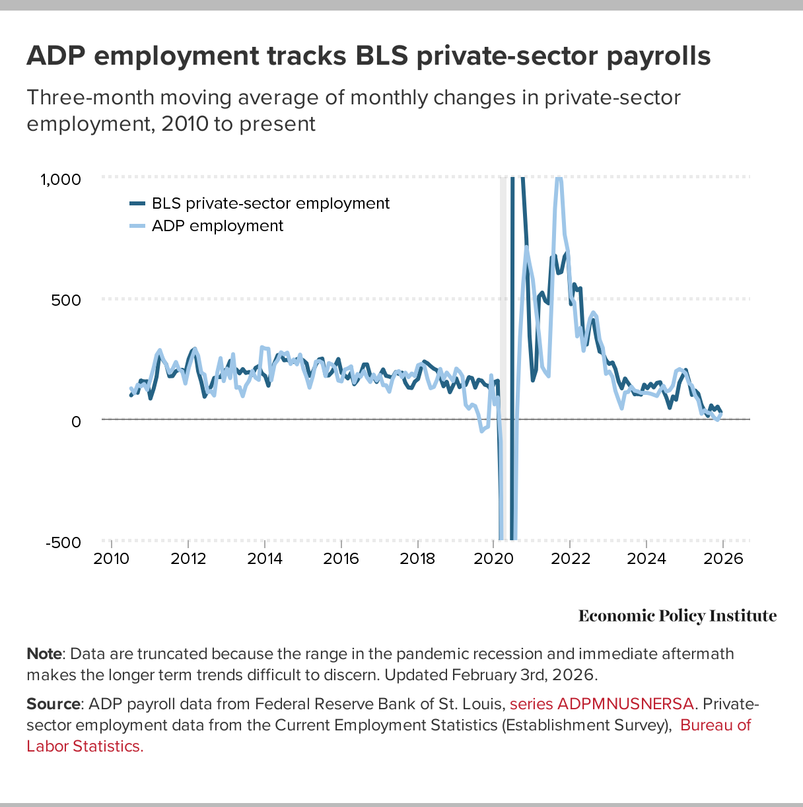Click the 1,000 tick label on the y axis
point(61,180)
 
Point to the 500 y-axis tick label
point(66,300)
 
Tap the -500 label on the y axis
point(63,543)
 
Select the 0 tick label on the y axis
point(76,421)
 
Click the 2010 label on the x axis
point(112,559)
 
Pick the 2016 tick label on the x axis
point(341,559)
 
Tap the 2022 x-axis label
point(570,559)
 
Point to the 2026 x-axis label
point(723,559)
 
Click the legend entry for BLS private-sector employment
point(270,203)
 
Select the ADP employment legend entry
point(217,226)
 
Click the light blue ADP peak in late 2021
point(559,180)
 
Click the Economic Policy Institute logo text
point(678,616)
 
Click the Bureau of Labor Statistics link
point(715,725)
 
